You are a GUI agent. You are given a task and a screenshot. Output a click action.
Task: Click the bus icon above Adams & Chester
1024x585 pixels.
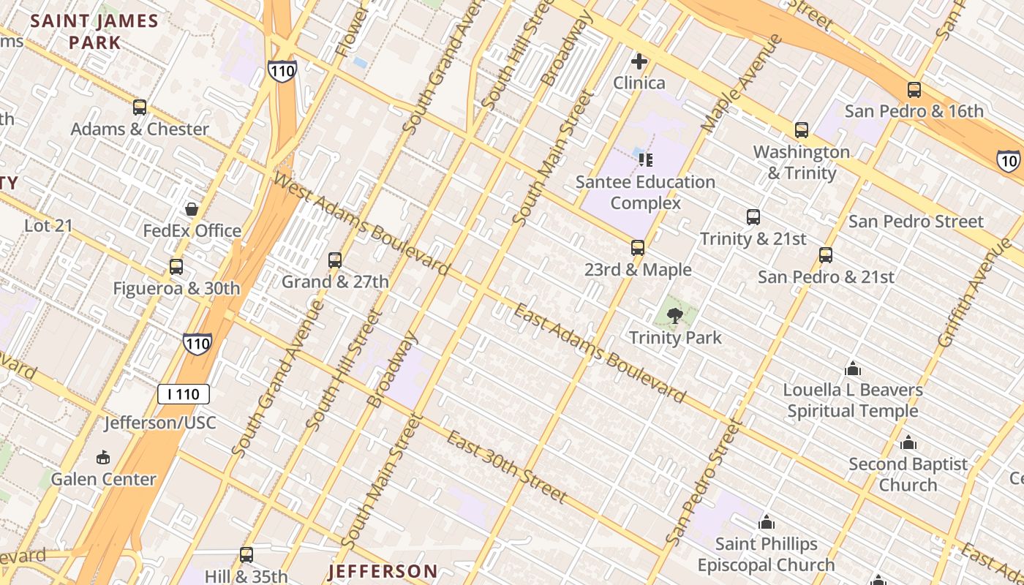[140, 107]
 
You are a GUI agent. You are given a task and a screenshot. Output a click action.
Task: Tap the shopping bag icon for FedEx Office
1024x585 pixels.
[192, 210]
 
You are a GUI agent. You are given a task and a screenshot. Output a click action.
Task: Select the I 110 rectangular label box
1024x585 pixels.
[184, 394]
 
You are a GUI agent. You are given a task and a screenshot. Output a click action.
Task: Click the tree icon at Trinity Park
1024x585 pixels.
[675, 316]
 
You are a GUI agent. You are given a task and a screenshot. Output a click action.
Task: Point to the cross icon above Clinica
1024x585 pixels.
[639, 61]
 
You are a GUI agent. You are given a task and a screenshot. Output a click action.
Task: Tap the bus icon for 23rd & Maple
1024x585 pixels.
[638, 248]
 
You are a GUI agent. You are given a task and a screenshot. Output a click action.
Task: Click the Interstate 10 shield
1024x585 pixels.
[1008, 160]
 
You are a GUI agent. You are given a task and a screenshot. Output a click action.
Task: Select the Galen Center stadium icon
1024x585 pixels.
[103, 458]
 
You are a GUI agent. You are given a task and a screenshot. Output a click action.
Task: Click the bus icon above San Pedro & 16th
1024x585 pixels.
[914, 90]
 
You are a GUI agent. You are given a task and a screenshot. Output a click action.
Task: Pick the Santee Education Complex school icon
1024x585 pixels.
[645, 159]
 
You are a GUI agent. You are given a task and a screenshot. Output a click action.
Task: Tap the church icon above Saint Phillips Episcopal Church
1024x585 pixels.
[767, 522]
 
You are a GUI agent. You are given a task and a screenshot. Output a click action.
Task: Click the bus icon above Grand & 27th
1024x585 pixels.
[335, 260]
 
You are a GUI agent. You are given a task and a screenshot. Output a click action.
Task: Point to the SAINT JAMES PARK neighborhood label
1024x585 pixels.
[95, 31]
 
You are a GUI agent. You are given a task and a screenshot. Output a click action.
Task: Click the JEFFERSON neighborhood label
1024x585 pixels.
[383, 571]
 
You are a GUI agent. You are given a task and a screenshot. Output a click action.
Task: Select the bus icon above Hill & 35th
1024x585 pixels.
[246, 555]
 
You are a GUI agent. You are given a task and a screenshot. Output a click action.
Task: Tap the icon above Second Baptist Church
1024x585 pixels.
[908, 442]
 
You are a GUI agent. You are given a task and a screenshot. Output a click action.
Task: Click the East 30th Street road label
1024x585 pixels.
[507, 467]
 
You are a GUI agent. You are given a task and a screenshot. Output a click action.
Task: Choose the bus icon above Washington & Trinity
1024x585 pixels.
[802, 130]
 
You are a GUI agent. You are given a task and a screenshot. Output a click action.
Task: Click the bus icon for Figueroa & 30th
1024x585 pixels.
[176, 267]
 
